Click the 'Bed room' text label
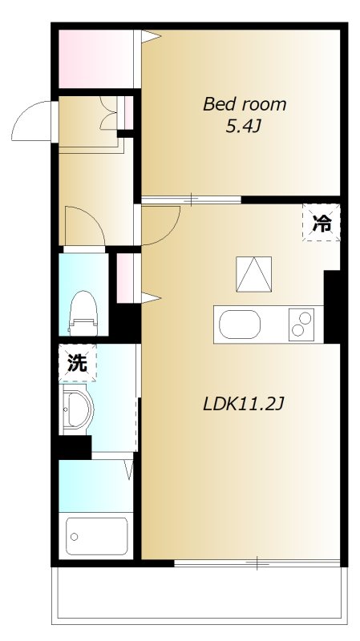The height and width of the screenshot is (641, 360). pyautogui.click(x=244, y=104)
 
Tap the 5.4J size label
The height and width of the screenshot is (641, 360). pyautogui.click(x=244, y=126)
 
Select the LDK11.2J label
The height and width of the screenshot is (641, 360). pyautogui.click(x=244, y=405)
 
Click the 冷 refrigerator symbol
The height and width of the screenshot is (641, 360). pyautogui.click(x=322, y=224)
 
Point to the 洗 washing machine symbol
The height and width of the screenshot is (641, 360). pyautogui.click(x=77, y=363)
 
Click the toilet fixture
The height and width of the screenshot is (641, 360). pyautogui.click(x=83, y=312)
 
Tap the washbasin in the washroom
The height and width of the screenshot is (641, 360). pyautogui.click(x=78, y=409)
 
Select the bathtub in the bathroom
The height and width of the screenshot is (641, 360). pyautogui.click(x=97, y=534)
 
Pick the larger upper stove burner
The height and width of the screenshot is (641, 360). pyautogui.click(x=305, y=316)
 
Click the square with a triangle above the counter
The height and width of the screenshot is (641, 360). pyautogui.click(x=253, y=274)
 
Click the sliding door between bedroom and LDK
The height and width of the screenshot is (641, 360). pyautogui.click(x=192, y=198)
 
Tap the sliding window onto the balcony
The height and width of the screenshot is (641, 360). pyautogui.click(x=257, y=563)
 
